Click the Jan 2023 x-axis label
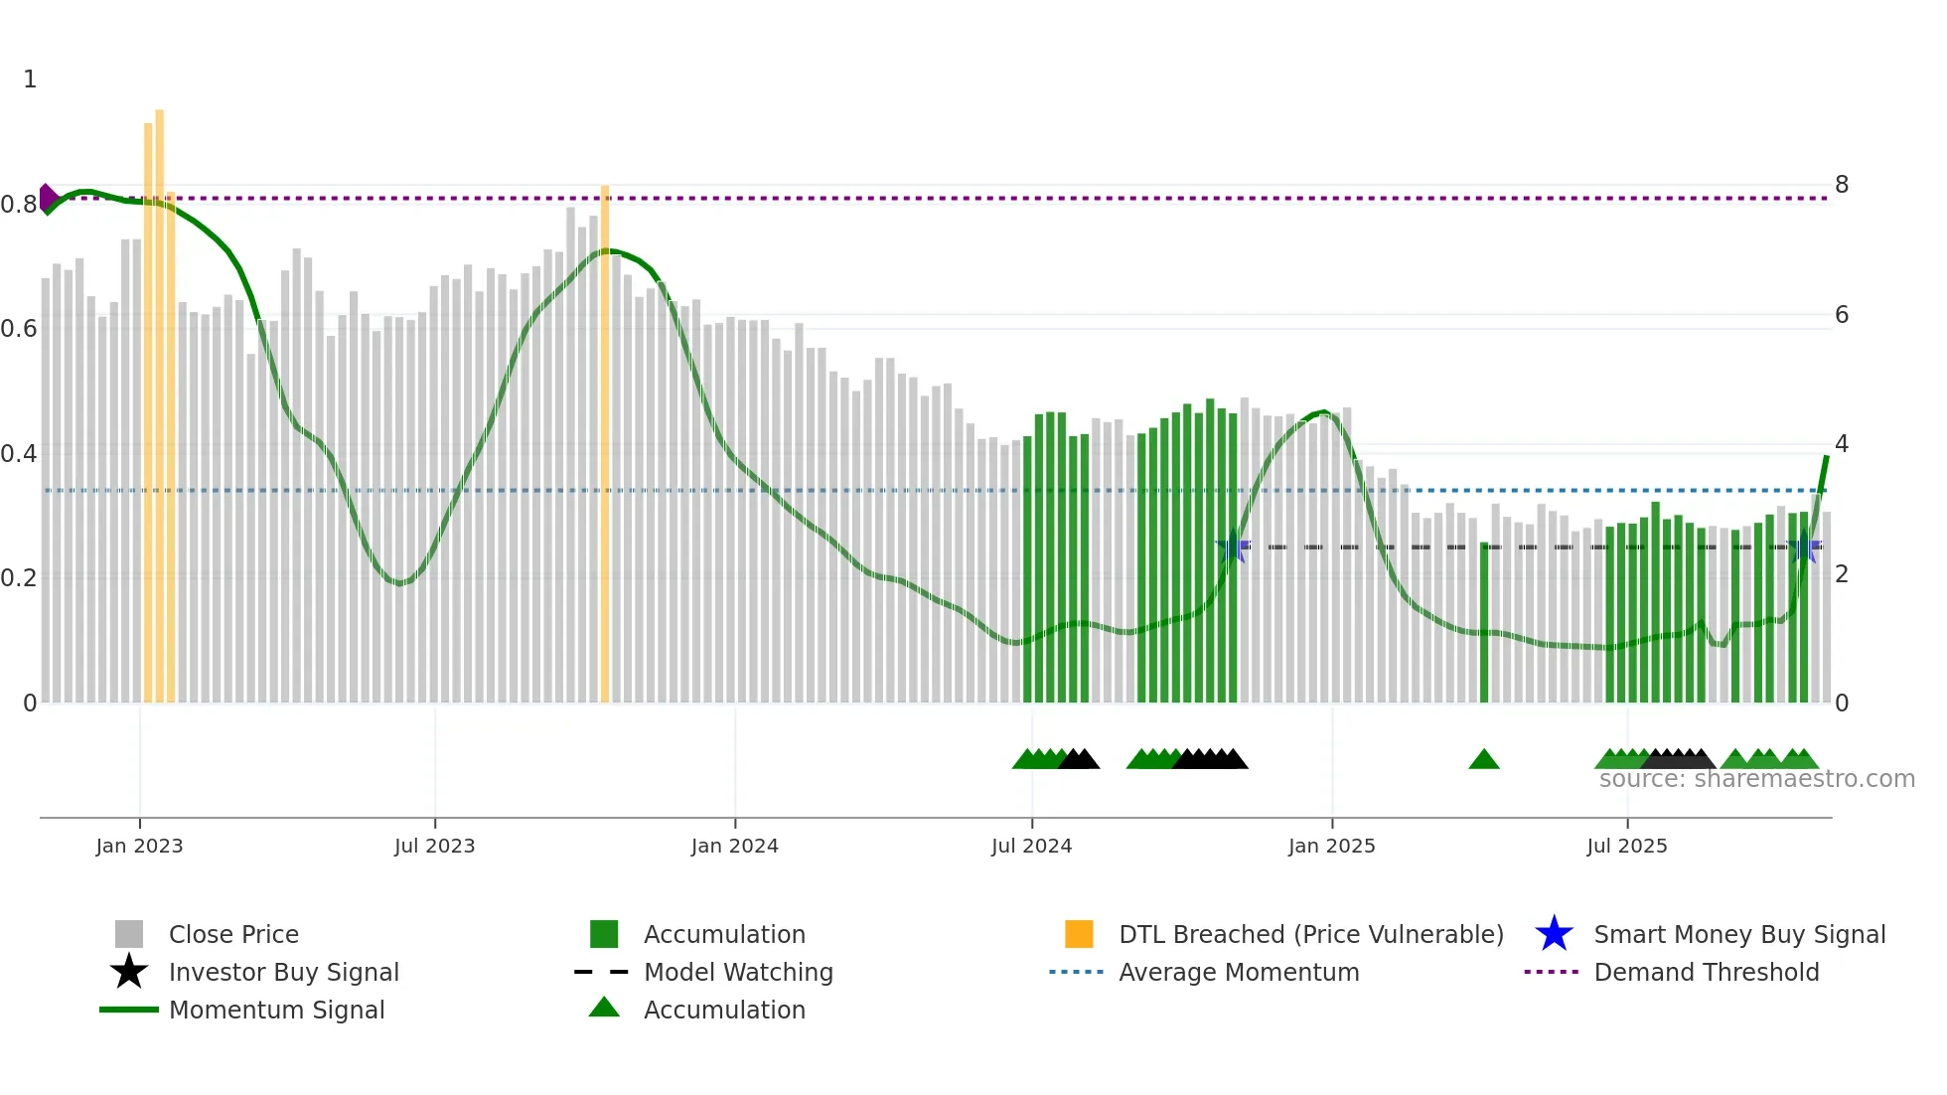[139, 846]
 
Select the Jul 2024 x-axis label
[1031, 846]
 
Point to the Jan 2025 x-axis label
[1331, 846]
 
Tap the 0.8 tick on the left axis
[19, 205]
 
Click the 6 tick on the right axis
[1842, 315]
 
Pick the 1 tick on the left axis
[30, 79]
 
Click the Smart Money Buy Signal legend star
[1554, 934]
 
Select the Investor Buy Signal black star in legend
[129, 972]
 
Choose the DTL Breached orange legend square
[1079, 934]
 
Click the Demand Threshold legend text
[1706, 972]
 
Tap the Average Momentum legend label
[1238, 972]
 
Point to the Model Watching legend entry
[737, 972]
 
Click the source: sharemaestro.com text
[1756, 779]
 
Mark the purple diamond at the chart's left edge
[47, 198]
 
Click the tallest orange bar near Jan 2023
[159, 397]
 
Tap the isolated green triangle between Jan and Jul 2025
[1483, 760]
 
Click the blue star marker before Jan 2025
[1233, 547]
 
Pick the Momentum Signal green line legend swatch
[129, 1010]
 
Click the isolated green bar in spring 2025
[1483, 626]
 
